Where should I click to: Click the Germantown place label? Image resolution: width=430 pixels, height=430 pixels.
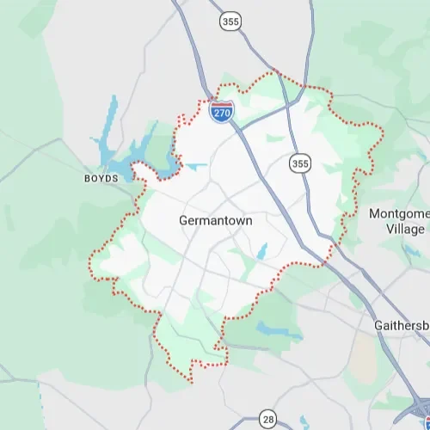(215, 220)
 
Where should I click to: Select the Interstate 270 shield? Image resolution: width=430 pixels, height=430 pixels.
(223, 112)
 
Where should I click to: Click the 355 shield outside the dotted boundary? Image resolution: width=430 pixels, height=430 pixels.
(229, 22)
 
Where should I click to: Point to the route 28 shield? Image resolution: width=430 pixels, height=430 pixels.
(268, 419)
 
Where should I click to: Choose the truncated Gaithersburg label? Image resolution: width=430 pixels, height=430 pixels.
(402, 326)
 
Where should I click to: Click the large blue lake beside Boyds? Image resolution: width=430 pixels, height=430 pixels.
(129, 158)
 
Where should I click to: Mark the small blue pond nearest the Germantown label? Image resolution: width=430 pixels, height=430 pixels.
(262, 249)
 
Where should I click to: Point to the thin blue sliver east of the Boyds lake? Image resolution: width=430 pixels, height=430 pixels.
(196, 166)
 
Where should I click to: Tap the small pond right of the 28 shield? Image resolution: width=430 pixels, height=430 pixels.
(304, 421)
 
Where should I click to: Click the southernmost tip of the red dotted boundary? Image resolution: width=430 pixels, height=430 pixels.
(191, 382)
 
